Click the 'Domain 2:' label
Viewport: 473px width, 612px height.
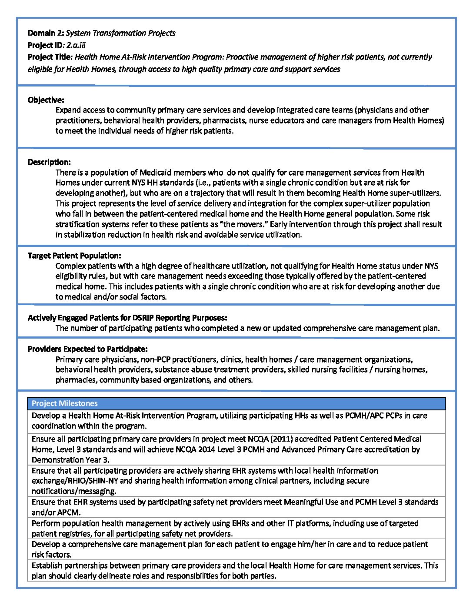pos(46,33)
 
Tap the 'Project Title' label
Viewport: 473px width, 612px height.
pos(50,57)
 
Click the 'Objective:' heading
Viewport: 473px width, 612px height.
pos(46,100)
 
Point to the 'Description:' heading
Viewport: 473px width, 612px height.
pos(49,162)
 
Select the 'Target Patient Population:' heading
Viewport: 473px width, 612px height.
pos(74,256)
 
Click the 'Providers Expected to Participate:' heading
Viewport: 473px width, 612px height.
pos(87,349)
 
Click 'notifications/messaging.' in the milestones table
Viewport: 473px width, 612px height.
pos(74,491)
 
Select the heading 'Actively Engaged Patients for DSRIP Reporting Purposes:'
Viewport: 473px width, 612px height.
pos(127,318)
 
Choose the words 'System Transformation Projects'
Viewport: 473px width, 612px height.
pos(121,33)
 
